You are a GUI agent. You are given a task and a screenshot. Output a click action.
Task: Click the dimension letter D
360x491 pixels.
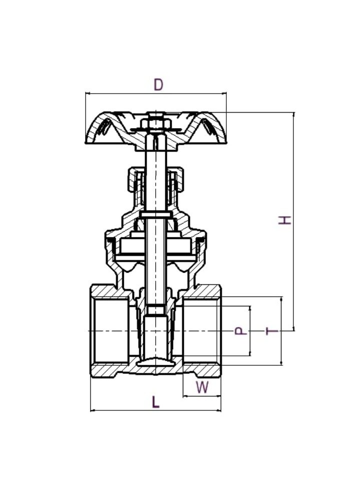(158, 85)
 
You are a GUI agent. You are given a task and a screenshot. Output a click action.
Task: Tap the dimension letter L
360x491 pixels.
(156, 401)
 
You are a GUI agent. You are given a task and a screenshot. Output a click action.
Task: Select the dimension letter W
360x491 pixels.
(202, 387)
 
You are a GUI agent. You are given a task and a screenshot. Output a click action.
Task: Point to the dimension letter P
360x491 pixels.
(241, 331)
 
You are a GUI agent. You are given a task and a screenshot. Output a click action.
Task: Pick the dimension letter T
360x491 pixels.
(271, 331)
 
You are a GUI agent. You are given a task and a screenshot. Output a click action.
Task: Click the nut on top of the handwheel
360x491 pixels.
(156, 123)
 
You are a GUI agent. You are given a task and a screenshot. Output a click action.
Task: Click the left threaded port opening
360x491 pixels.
(110, 331)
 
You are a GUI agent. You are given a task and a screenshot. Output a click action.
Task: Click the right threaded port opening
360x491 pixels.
(201, 331)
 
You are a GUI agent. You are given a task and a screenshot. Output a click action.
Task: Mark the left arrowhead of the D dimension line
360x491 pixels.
(87, 93)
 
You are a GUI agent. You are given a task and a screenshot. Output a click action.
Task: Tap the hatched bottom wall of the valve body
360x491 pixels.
(156, 371)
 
